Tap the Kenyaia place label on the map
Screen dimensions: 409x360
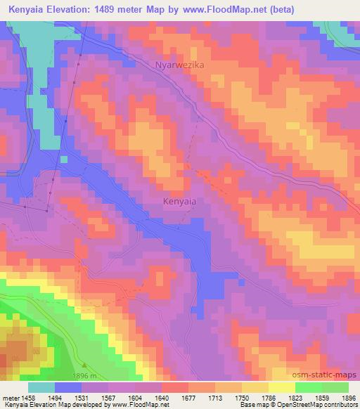click(x=179, y=201)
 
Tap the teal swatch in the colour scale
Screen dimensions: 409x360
click(x=41, y=387)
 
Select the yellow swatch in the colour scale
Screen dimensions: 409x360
click(x=281, y=387)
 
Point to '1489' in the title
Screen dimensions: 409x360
click(x=108, y=9)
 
